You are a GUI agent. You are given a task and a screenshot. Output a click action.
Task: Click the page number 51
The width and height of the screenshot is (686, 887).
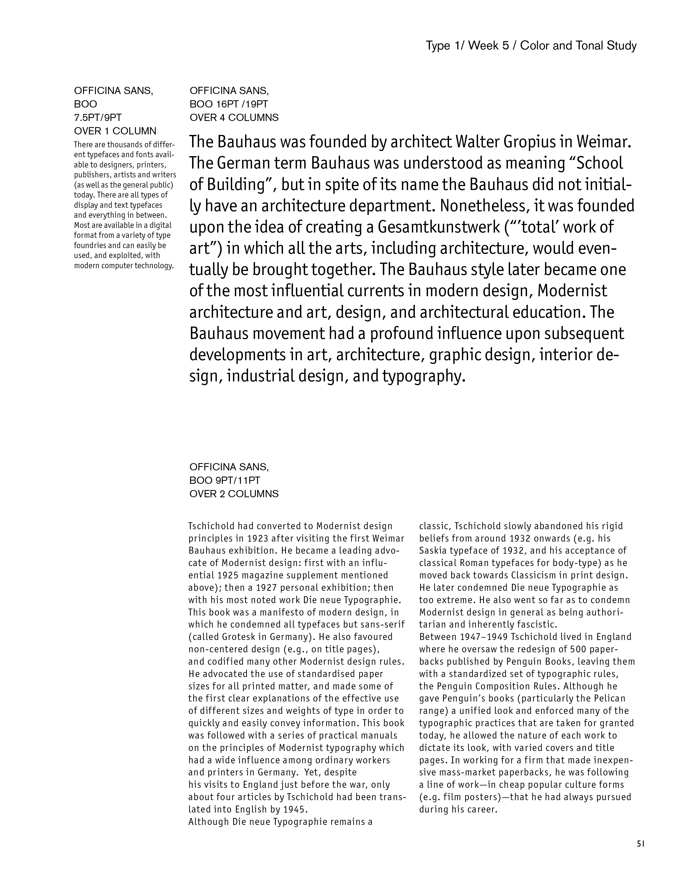[x=641, y=843]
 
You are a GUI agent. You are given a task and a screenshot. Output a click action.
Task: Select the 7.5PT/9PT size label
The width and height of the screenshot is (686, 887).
[x=98, y=118]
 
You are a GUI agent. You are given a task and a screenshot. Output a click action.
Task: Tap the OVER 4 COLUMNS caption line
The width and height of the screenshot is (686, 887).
[x=234, y=118]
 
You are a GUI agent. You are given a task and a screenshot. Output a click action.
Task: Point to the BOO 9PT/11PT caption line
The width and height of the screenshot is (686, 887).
[x=224, y=481]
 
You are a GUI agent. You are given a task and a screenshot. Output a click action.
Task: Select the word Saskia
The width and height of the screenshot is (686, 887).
[x=432, y=551]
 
